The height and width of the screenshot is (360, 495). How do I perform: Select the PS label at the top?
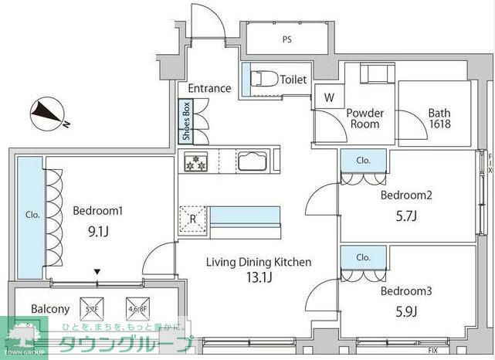(287, 39)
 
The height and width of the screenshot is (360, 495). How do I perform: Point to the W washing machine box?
(329, 97)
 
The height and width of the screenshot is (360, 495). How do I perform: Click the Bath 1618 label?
(439, 118)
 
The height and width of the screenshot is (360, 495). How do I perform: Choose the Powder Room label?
(364, 118)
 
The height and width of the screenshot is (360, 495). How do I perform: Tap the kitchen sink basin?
(253, 162)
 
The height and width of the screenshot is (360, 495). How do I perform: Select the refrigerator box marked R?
(192, 218)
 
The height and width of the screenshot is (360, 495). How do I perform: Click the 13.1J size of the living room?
(258, 279)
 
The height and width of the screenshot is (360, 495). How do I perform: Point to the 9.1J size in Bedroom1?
(98, 229)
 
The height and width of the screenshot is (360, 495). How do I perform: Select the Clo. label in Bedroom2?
(364, 161)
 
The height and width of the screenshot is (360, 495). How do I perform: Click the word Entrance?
(209, 88)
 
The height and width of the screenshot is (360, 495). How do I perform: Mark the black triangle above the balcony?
(97, 272)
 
